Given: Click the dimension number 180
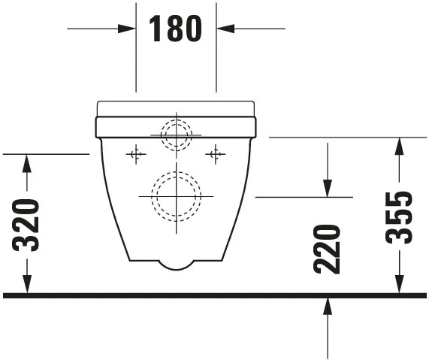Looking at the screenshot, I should (176, 29).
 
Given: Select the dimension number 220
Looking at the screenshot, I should (328, 248).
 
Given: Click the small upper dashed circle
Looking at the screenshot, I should (177, 135).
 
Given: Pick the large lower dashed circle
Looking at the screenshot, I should (177, 196).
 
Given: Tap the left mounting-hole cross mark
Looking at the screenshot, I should (136, 155).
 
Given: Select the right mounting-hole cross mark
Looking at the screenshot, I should (216, 155).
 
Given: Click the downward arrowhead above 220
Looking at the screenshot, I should (328, 189).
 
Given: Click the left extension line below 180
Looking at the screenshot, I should (136, 68).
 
